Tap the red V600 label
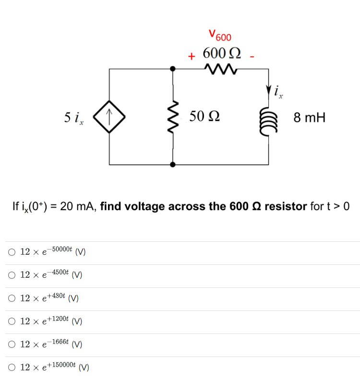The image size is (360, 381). pos(220,36)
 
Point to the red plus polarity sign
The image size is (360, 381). pos(191,57)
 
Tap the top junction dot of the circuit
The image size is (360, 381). pos(173,69)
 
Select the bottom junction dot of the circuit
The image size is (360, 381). pos(173,164)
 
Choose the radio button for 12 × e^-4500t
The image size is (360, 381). pos(11,275)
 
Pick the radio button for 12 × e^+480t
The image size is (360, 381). pos(11,298)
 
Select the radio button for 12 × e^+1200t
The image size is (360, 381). pos(11,321)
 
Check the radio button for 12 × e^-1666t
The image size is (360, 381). pos(11,345)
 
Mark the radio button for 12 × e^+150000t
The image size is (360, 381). pos(11,368)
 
